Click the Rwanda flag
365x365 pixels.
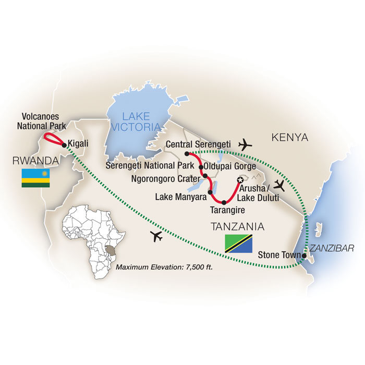point(35,178)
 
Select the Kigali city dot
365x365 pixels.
point(64,144)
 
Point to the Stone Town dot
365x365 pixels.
point(304,256)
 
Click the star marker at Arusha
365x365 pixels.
point(240,180)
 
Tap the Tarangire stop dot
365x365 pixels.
point(224,202)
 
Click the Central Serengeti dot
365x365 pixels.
point(186,154)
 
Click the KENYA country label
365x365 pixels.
point(289,137)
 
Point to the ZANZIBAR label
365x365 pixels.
point(331,248)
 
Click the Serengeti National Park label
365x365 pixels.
point(150,166)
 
